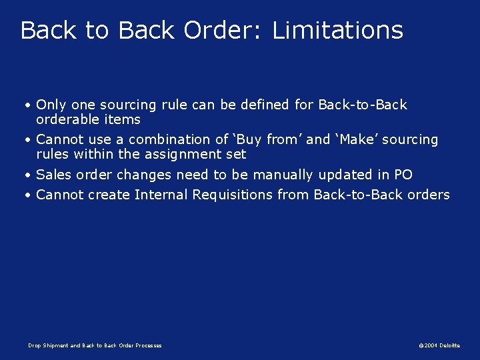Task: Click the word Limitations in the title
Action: [x=338, y=31]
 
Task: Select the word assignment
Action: [x=191, y=154]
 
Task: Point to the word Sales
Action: [x=53, y=175]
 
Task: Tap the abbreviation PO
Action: [x=403, y=175]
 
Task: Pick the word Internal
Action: [x=161, y=195]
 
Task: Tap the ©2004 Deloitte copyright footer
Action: [x=439, y=345]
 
